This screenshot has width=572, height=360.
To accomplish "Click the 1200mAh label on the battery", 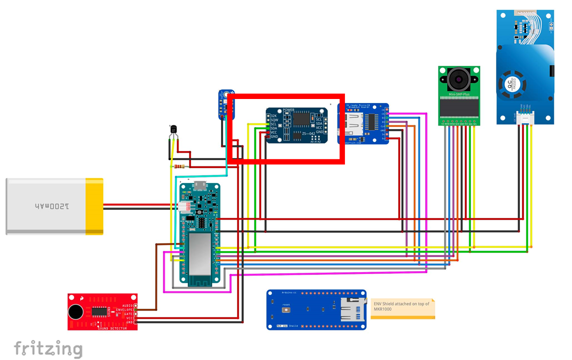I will point(52,206).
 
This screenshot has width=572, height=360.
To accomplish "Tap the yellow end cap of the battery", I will point(94,206).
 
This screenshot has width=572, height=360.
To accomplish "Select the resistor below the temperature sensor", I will point(179,166).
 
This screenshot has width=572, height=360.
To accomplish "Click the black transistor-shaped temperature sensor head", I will point(173,130).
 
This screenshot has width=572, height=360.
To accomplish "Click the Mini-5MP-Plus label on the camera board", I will point(458,93).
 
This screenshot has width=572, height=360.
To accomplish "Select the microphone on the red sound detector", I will point(75,312).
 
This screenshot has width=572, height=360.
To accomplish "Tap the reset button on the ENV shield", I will point(286,310).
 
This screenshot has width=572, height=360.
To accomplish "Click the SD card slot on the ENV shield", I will point(350,310).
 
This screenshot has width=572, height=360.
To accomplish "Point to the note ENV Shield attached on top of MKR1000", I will point(402,306).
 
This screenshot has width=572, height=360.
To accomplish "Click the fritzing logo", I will point(48,348).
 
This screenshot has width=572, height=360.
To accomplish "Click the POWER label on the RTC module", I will point(288,110).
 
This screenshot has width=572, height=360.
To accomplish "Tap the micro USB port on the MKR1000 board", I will point(200,185).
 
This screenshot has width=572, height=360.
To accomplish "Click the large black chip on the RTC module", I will point(301,118).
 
